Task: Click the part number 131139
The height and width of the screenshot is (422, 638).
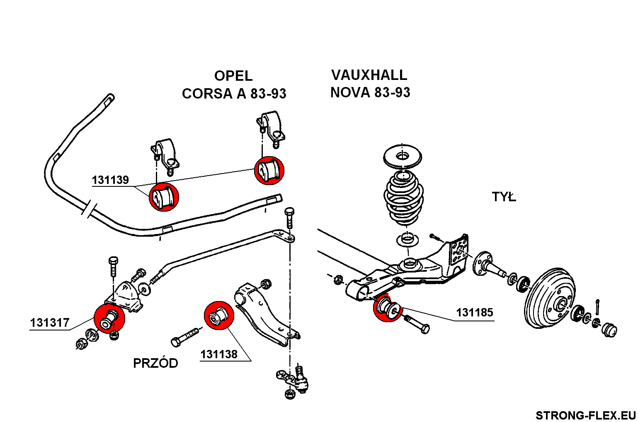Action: [x=110, y=180]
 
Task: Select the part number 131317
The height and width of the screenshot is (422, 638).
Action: [x=50, y=323]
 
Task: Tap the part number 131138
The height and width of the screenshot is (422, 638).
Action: [x=219, y=354]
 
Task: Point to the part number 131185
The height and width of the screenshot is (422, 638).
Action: [x=475, y=312]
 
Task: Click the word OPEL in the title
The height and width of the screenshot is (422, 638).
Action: [x=233, y=76]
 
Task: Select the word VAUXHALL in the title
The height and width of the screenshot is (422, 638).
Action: [x=369, y=75]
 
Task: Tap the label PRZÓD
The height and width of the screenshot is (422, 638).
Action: [x=155, y=363]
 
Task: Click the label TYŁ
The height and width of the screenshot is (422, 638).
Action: [x=504, y=197]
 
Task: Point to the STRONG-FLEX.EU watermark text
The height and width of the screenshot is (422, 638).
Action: [x=585, y=415]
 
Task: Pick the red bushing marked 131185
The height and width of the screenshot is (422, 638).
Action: [x=388, y=308]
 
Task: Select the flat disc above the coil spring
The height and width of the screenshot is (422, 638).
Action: [x=402, y=157]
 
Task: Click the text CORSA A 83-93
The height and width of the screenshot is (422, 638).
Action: [x=234, y=94]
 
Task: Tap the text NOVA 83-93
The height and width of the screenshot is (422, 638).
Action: [x=370, y=92]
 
